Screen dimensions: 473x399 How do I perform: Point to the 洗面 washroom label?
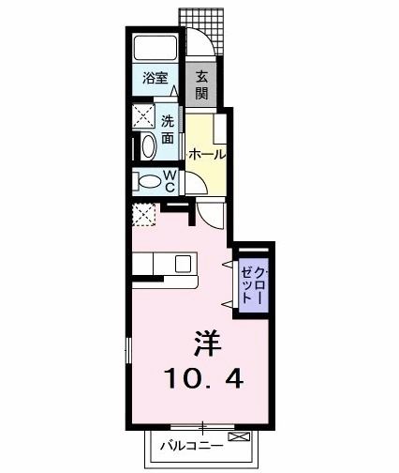pyautogui.click(x=167, y=130)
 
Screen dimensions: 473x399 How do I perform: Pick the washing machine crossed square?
pyautogui.click(x=143, y=117)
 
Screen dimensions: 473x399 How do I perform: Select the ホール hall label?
pyautogui.click(x=205, y=154)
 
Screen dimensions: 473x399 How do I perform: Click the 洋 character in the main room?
pyautogui.click(x=209, y=343)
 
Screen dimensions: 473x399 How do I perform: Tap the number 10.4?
pyautogui.click(x=207, y=378)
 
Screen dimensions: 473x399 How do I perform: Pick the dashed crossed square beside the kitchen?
pyautogui.click(x=144, y=215)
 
